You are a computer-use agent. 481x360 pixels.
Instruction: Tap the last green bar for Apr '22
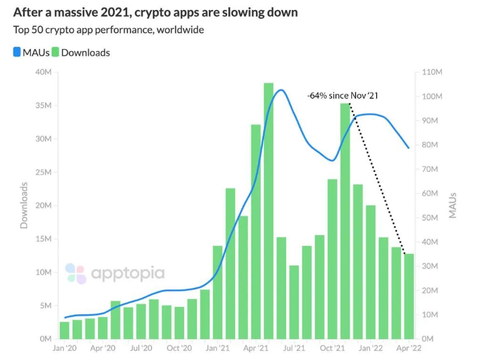[408, 296]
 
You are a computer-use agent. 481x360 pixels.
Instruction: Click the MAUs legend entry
[31, 52]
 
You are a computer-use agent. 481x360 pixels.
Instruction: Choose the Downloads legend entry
[81, 52]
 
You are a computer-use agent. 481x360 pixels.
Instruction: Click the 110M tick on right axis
[431, 73]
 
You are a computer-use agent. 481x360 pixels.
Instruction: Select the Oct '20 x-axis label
[179, 349]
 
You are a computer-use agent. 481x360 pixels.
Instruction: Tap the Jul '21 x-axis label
[294, 349]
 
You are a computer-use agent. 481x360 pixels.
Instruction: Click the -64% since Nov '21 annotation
[343, 95]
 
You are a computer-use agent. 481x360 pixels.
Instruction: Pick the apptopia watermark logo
[114, 273]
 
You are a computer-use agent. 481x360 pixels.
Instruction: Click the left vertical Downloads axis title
[24, 205]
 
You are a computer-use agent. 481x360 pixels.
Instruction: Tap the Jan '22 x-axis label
[370, 349]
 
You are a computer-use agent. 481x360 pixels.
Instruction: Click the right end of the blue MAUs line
[408, 148]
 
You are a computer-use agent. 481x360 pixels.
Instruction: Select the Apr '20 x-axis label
[103, 349]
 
